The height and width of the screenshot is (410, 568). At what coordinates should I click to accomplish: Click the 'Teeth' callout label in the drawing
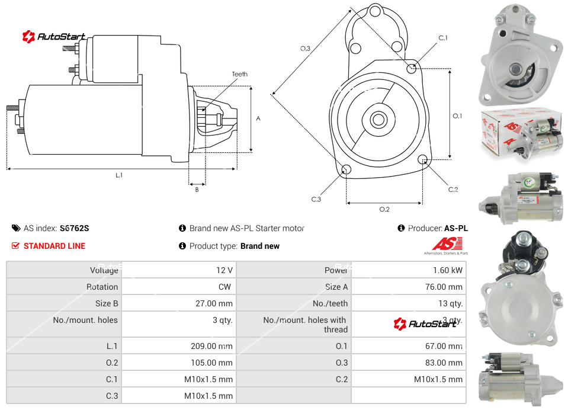coord(239,74)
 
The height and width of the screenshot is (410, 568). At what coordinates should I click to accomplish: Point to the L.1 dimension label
coord(119,175)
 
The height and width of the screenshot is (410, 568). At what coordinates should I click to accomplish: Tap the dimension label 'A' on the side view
coord(258,118)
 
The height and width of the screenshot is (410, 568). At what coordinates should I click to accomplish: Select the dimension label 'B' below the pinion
coord(197,190)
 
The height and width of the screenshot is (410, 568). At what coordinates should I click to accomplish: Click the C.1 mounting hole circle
coord(412,69)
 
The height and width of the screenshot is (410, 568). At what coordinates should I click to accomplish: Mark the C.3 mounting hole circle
coord(347,171)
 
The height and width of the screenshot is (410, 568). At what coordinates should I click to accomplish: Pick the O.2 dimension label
coord(384,209)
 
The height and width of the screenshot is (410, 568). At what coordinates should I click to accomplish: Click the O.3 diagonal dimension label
coord(305,49)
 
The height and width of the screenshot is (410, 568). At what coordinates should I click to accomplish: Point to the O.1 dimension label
coord(457,116)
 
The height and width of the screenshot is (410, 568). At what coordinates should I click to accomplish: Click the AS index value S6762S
coord(74,228)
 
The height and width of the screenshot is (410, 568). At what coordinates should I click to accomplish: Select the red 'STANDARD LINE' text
coord(54,246)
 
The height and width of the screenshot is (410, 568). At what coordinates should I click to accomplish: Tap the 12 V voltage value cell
coord(224,270)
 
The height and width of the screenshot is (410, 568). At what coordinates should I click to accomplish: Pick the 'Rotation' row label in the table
coord(102,287)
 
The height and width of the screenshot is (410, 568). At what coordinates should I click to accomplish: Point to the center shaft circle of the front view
coord(377,120)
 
